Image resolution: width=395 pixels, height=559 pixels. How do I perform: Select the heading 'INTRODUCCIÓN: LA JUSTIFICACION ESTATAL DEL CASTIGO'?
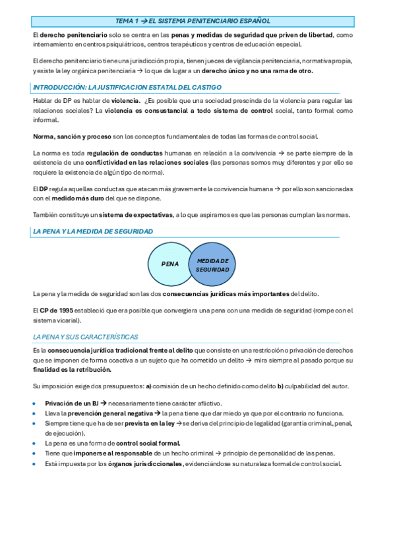click(x=127, y=87)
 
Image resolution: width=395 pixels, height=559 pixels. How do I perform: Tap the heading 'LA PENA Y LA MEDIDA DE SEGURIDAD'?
click(x=93, y=231)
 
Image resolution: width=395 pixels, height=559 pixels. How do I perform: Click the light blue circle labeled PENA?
click(x=170, y=264)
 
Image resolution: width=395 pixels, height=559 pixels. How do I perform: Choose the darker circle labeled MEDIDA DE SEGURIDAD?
click(x=212, y=264)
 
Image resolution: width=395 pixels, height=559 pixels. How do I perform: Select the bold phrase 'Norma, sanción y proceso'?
click(x=69, y=136)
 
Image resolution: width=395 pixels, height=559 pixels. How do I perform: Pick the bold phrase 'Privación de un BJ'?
click(x=71, y=403)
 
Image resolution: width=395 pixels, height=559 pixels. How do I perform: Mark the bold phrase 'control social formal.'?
click(x=144, y=444)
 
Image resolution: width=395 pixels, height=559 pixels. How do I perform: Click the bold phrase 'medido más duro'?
click(x=79, y=198)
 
